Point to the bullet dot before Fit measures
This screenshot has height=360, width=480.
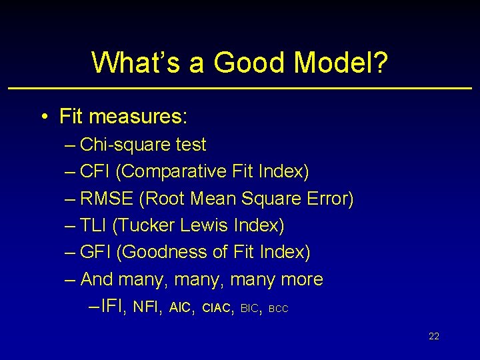coord(43,117)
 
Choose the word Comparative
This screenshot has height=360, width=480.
coord(171,171)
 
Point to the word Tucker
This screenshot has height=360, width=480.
coord(144,225)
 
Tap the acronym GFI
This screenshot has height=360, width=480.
coord(95,253)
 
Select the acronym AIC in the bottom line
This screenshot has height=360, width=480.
coord(180,307)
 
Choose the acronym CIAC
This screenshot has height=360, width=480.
coord(216,308)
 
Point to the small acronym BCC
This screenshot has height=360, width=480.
coord(278,309)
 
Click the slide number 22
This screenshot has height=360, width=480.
coord(434,336)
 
